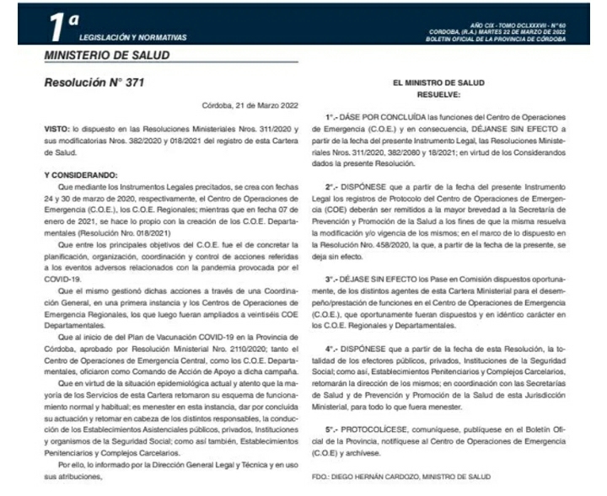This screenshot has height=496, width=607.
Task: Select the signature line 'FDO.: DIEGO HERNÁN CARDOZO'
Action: (x=389, y=477)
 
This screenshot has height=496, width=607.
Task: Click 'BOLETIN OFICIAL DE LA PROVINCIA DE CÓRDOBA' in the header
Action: (x=498, y=38)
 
